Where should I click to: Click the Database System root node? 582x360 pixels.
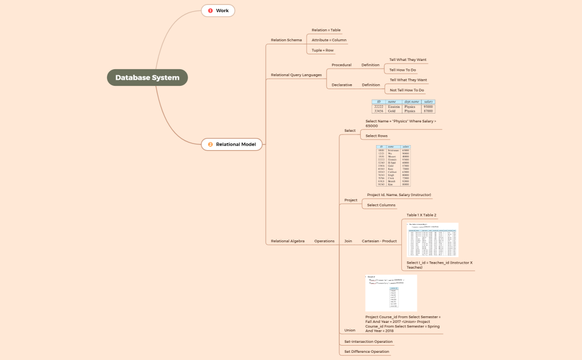(147, 78)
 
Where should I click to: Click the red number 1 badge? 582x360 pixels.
(211, 11)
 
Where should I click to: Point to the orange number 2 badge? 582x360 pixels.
(211, 145)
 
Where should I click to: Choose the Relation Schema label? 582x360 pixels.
(286, 40)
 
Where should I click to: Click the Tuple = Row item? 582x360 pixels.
(323, 50)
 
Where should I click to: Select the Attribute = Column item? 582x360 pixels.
(329, 40)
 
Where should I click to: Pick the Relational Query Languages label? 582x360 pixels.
(296, 75)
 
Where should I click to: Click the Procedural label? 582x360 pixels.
(341, 65)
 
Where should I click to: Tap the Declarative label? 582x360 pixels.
(341, 85)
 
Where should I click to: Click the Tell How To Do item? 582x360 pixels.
(402, 70)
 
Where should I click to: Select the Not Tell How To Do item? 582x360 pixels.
(407, 90)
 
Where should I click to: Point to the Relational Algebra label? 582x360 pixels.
(288, 241)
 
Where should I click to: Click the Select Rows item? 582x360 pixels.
(376, 136)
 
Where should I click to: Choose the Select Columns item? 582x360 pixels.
(381, 205)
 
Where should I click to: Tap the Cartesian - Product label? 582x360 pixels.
(379, 241)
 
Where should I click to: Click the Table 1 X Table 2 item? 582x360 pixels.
(421, 215)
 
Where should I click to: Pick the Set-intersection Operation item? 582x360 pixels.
(368, 342)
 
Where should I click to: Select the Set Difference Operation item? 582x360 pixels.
(366, 352)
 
